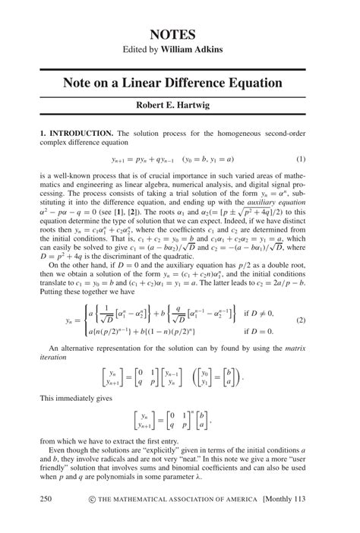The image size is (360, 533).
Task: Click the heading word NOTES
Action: click(179, 34)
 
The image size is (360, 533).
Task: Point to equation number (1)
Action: click(301, 159)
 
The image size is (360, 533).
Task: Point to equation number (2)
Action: click(301, 321)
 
